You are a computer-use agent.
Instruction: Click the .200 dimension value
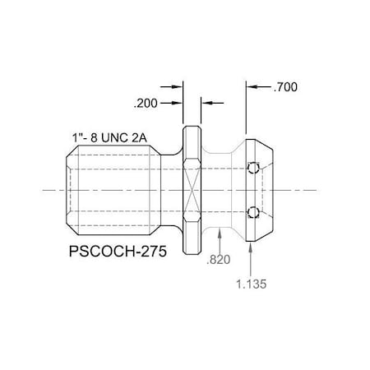tap(145, 103)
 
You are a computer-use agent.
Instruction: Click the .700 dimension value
tap(286, 86)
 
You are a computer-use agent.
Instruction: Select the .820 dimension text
tap(219, 260)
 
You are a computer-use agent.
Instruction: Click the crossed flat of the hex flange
tap(191, 192)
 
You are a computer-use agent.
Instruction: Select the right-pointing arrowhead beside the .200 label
tap(177, 103)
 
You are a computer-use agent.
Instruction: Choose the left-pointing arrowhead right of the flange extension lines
tap(206, 103)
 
